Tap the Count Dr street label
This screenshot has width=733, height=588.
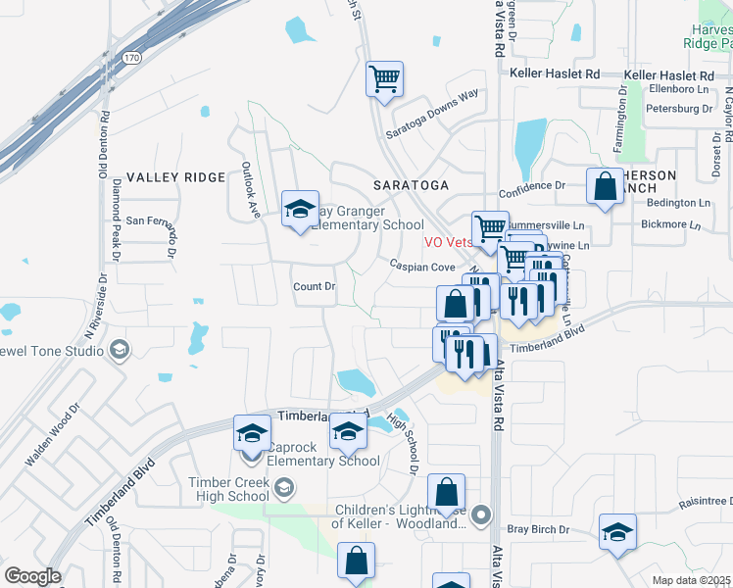pos(315,287)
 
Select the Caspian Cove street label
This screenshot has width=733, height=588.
pos(422,267)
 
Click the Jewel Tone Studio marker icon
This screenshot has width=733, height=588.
pos(119,350)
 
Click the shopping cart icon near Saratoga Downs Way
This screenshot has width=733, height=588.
pos(385,78)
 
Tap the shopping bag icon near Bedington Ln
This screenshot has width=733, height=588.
pos(605,186)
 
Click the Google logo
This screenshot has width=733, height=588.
pos(32,576)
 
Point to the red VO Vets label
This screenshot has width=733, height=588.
pos(448,241)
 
